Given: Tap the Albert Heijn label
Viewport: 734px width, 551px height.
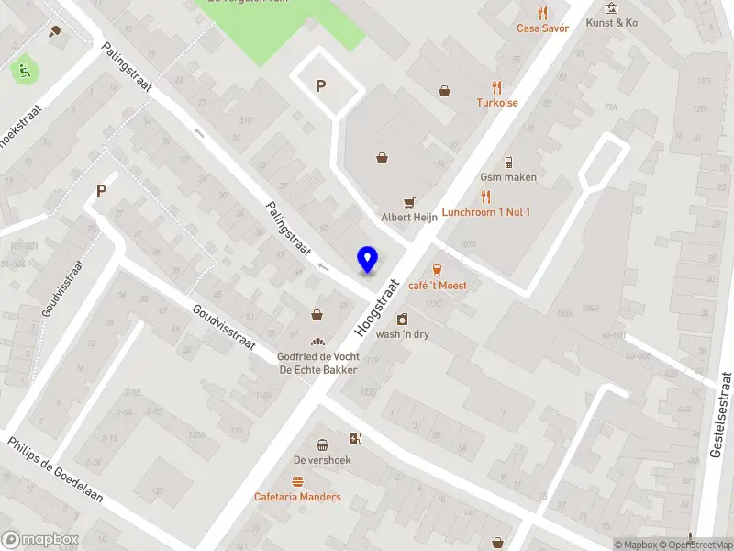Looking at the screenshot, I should (408, 218).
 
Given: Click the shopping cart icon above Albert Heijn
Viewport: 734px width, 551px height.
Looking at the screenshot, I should (409, 202).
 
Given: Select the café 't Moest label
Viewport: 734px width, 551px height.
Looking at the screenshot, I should (437, 286).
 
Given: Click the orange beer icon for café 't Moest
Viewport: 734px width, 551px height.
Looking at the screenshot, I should (437, 270).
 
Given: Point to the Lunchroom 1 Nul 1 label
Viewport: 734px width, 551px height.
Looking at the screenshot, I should (485, 212).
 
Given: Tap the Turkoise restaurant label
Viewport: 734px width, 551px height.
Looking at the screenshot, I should (496, 103).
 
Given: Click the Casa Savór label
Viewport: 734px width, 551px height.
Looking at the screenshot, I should (542, 28).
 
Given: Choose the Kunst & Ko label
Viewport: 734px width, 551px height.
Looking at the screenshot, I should (612, 23).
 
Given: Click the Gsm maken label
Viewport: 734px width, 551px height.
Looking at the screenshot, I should (508, 176).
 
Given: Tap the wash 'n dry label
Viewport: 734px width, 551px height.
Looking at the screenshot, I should (402, 334).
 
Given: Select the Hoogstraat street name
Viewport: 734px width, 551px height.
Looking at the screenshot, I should (379, 306).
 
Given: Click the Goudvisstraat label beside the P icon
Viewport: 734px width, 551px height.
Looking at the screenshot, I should (61, 288).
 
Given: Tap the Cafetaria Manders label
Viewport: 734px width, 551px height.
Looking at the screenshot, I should (297, 498).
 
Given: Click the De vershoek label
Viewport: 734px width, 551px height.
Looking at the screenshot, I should (322, 460).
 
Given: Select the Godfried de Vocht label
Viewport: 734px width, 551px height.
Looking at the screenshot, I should (317, 357).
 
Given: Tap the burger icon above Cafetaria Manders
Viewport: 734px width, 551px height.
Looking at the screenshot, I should (297, 482).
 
